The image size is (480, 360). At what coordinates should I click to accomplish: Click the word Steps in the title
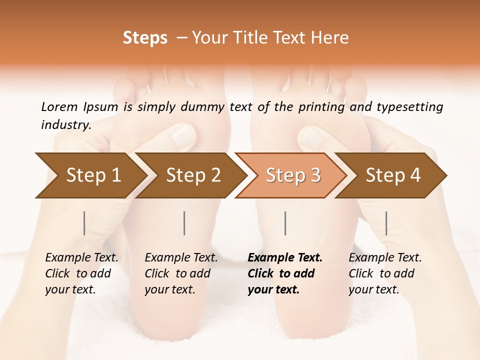pyautogui.click(x=145, y=38)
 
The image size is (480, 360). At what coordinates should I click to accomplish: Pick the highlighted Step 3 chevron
pyautogui.click(x=293, y=175)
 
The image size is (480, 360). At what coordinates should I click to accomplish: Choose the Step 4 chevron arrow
pyautogui.click(x=393, y=175)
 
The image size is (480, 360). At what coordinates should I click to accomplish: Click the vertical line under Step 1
pyautogui.click(x=84, y=223)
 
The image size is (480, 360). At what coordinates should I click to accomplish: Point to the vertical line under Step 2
pyautogui.click(x=184, y=223)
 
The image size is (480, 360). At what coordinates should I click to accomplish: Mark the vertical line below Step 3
pyautogui.click(x=285, y=223)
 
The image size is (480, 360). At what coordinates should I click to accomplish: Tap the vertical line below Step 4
pyautogui.click(x=386, y=223)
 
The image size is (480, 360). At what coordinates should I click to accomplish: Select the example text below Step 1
pyautogui.click(x=81, y=273)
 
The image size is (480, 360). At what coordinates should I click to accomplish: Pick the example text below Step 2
pyautogui.click(x=181, y=273)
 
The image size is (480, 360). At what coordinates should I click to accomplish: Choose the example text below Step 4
pyautogui.click(x=385, y=273)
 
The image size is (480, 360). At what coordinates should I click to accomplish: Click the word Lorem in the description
pyautogui.click(x=59, y=107)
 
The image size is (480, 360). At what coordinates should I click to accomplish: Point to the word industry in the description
pyautogui.click(x=65, y=125)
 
